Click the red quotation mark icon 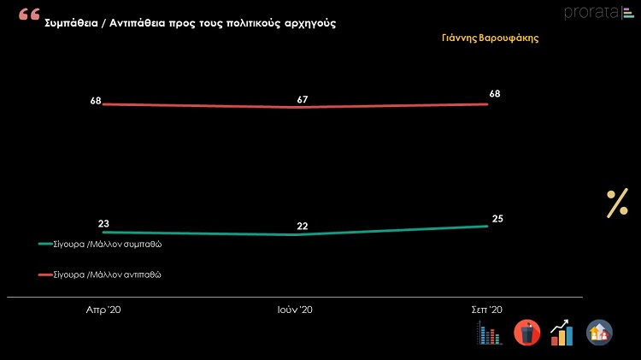point(29,16)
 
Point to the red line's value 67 point(303,99)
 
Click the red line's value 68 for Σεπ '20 point(494,93)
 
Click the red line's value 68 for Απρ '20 point(96,101)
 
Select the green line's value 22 point(303,226)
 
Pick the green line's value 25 point(497,219)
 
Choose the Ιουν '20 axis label point(295,310)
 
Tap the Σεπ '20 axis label point(487,310)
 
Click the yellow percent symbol point(617,204)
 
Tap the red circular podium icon point(526,333)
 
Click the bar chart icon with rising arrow point(562,332)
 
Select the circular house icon point(599,332)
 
